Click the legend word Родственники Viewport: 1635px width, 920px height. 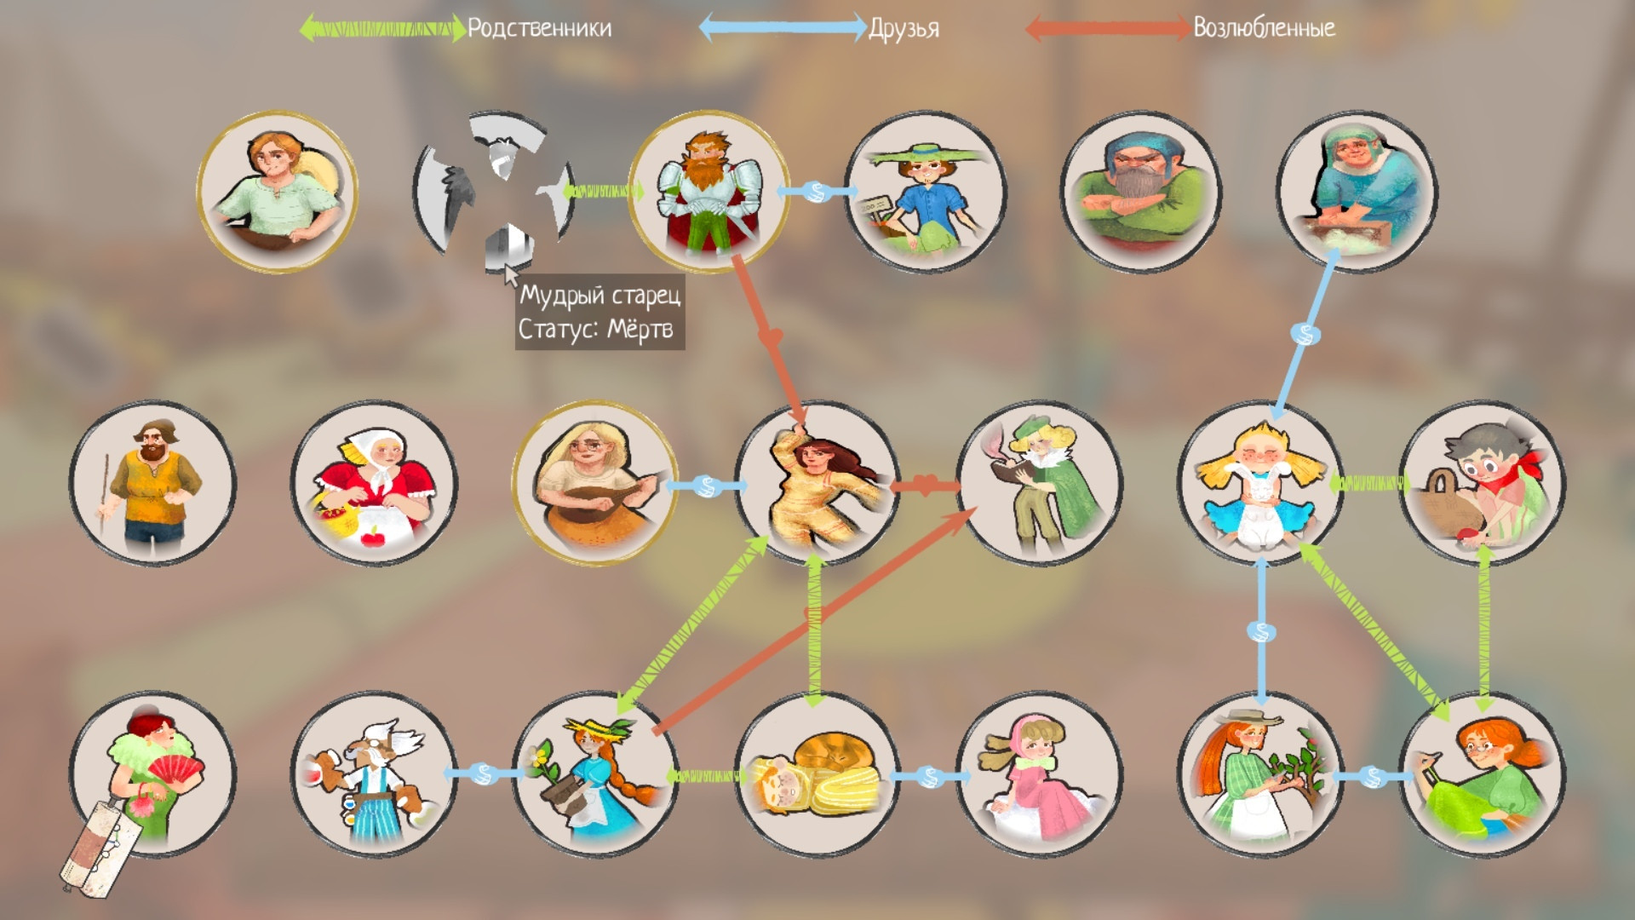(540, 28)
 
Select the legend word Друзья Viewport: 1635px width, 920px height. (904, 29)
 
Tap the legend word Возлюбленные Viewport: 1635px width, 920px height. (1264, 28)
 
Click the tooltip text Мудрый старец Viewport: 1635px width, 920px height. (600, 296)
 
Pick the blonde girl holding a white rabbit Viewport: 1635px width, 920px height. (1260, 484)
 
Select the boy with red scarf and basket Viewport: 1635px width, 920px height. (1482, 484)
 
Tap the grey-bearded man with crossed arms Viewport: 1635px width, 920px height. (1141, 193)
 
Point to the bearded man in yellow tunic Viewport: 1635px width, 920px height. (152, 484)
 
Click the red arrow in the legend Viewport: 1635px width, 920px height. (1105, 28)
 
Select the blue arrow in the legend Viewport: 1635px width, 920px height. (782, 28)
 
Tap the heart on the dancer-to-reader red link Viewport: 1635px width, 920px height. (926, 486)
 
